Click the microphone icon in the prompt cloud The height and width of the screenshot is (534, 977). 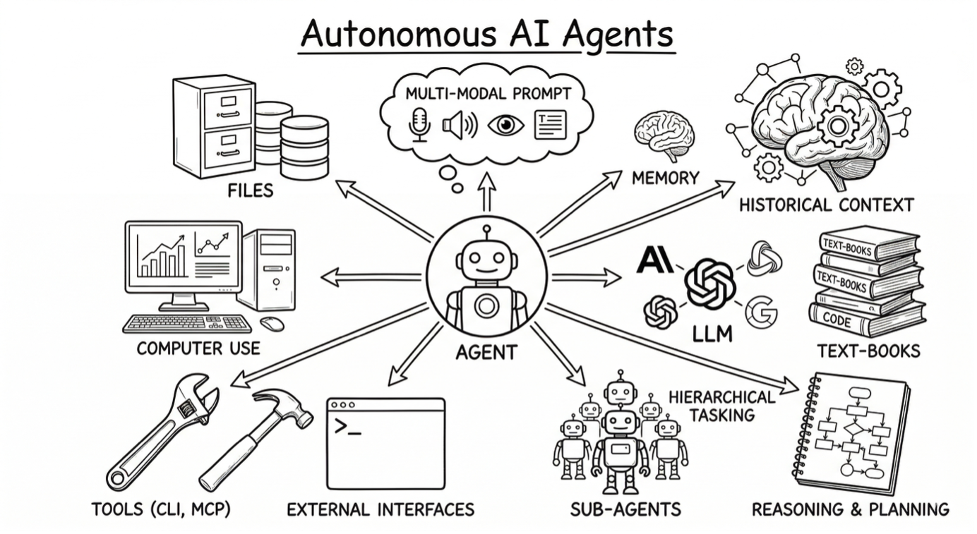tap(419, 125)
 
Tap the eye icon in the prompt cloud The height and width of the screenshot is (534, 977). tap(506, 126)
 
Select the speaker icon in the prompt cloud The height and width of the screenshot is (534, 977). tap(460, 126)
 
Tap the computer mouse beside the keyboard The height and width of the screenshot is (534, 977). tap(272, 324)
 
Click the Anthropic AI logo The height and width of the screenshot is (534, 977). tap(654, 260)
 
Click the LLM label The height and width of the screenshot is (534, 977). tap(712, 332)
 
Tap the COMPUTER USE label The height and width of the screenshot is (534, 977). tap(198, 348)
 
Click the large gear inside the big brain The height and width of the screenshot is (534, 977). tap(838, 127)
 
